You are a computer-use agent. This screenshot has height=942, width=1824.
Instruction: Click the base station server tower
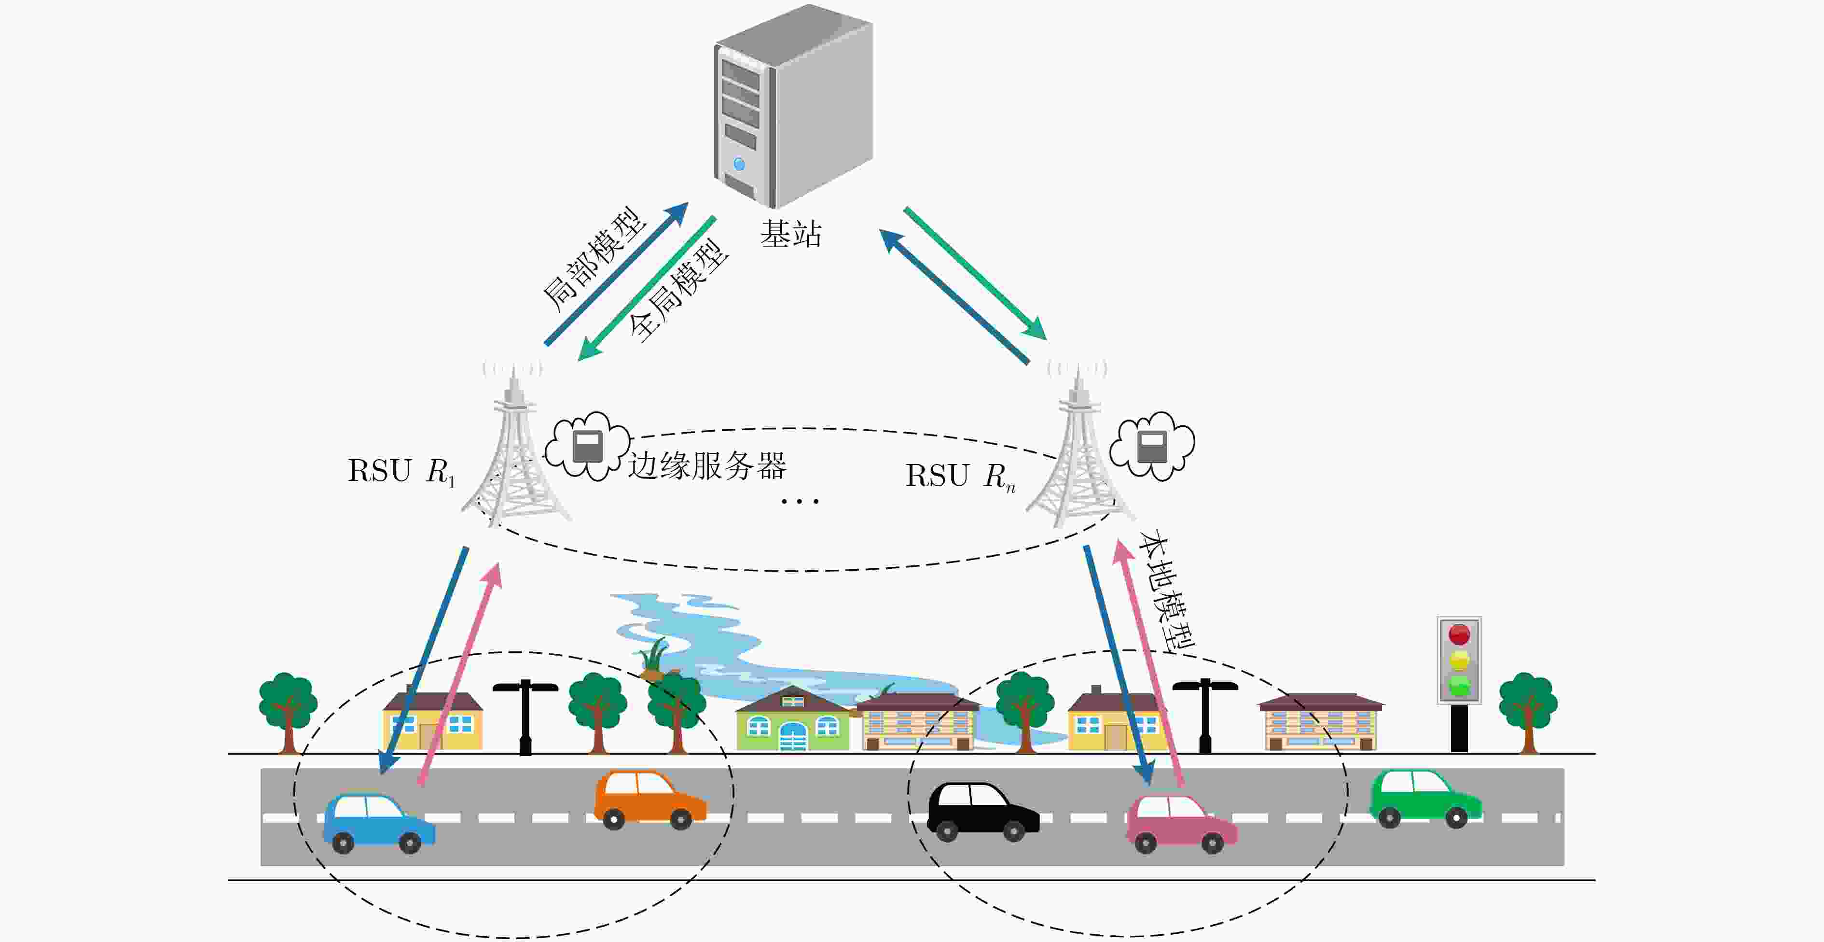click(793, 106)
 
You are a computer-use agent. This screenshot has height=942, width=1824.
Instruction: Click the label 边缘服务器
click(706, 466)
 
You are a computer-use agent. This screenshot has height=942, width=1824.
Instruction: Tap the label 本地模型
click(1165, 591)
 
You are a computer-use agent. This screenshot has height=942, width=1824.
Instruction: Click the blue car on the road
click(379, 824)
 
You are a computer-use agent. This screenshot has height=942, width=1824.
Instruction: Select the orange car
click(650, 801)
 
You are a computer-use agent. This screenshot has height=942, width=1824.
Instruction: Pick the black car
click(983, 812)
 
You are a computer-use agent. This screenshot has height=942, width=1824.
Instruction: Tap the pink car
click(1182, 823)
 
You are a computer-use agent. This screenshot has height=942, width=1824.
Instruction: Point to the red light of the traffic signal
click(1459, 634)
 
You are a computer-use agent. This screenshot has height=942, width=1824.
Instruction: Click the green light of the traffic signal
click(1459, 686)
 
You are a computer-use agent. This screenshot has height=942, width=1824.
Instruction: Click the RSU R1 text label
click(401, 472)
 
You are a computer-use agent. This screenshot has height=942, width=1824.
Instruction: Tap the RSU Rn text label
click(960, 477)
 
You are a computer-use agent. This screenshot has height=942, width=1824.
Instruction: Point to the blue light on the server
click(740, 164)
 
